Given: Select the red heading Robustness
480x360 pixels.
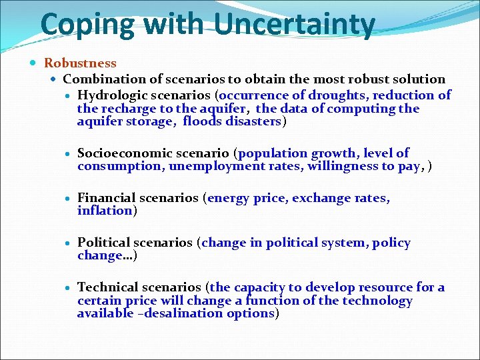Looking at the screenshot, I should (80, 63).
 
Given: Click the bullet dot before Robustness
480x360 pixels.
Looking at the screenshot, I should (34, 63).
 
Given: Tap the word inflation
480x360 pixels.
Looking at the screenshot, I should (105, 211).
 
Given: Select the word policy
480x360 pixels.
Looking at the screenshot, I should (391, 243).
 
